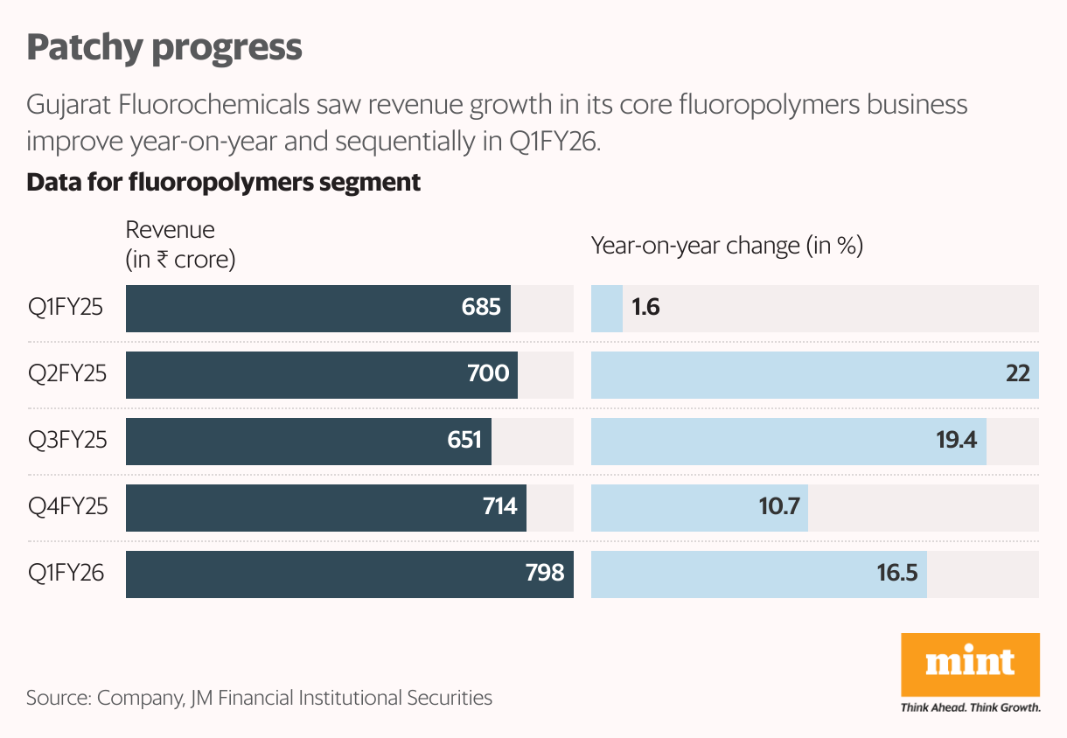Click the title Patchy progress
tap(164, 47)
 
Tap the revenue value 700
tap(488, 374)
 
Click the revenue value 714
tap(499, 507)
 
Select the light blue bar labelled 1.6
tap(606, 308)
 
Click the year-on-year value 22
tap(1017, 374)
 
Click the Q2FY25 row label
tap(67, 374)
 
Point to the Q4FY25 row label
tap(68, 507)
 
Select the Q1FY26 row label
tap(66, 574)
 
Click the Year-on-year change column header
tap(727, 246)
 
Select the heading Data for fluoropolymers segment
tap(224, 183)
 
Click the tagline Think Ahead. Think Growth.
tap(970, 707)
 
